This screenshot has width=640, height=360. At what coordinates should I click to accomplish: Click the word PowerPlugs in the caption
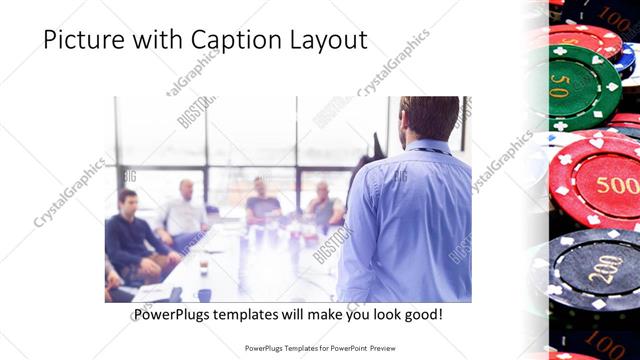coord(177,314)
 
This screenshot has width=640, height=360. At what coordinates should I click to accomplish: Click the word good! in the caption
coord(421,314)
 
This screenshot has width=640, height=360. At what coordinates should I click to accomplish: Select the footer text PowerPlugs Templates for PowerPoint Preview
coord(319,348)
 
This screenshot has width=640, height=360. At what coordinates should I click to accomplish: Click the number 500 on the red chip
coord(617,184)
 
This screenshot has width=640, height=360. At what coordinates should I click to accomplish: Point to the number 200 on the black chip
coord(604,270)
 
